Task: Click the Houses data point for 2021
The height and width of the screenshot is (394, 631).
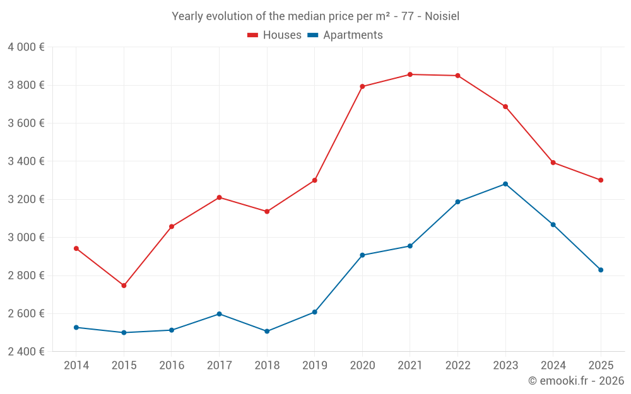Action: coord(410,74)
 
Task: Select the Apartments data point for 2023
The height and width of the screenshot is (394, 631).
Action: coord(505,184)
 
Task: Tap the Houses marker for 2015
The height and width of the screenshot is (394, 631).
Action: coord(124,286)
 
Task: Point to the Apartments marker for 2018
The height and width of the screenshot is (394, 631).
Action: coord(267,331)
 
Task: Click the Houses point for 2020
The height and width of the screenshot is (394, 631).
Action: coord(362,86)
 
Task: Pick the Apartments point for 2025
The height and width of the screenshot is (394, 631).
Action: coord(601,270)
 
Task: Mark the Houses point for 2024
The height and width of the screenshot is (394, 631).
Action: coord(553,163)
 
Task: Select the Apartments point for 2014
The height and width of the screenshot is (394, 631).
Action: coord(76,327)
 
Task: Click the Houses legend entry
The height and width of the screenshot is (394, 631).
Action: coord(274,35)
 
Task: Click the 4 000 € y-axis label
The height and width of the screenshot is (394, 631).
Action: coord(26,47)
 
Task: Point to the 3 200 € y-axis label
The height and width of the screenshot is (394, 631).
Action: coord(26,199)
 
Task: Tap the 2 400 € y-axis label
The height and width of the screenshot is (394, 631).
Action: coord(26,352)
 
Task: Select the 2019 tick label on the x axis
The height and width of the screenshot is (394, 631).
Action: coord(314,366)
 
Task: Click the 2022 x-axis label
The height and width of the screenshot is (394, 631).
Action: coord(457,366)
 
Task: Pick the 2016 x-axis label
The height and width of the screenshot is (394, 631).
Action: coord(172,366)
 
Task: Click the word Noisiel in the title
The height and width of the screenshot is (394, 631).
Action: coord(442,16)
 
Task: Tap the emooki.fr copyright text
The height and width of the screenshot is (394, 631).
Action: coord(575,381)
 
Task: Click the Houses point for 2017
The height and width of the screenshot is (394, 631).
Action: coord(219,197)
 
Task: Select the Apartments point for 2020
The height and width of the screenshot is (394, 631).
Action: coord(362,255)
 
